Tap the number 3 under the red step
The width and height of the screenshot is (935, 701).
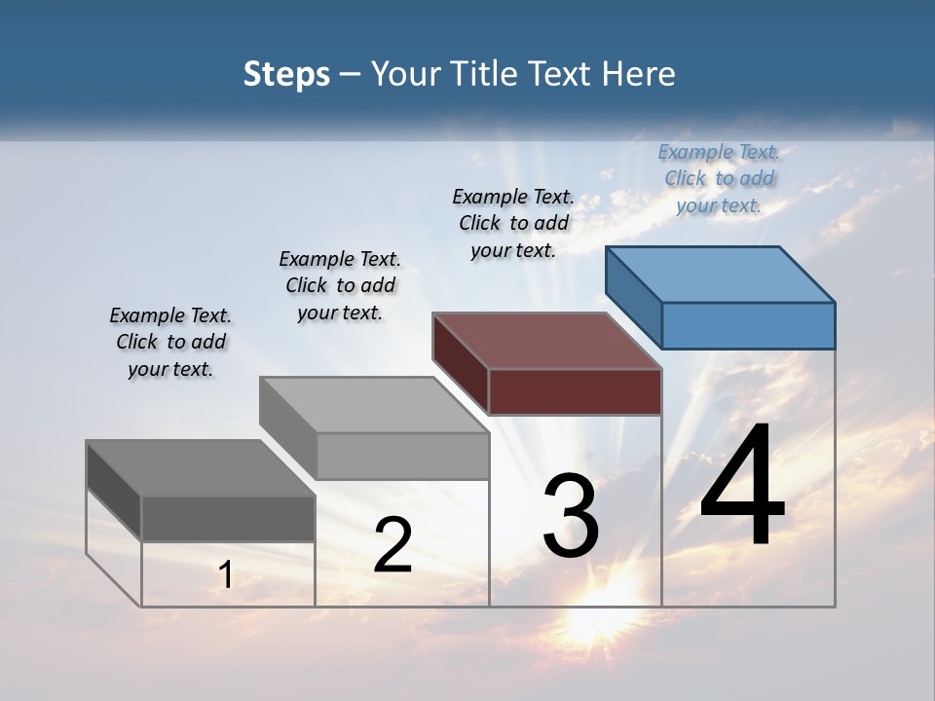point(571,516)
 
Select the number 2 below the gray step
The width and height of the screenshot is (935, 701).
point(393,545)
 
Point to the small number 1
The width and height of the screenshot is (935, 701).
point(225,575)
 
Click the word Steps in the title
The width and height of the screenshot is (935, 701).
point(286,74)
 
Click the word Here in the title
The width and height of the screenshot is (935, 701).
point(639,74)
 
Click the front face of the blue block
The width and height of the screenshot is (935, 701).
point(748,325)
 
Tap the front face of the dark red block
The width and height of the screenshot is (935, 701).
point(575,391)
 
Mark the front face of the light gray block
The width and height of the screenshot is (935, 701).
point(402,456)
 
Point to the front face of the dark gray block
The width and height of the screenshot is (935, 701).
point(228,518)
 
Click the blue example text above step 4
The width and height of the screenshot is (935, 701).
point(719,178)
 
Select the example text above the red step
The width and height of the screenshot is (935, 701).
point(513,223)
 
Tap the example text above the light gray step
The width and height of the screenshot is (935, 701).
point(340,285)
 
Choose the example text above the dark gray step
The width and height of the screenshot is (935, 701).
point(170,342)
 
